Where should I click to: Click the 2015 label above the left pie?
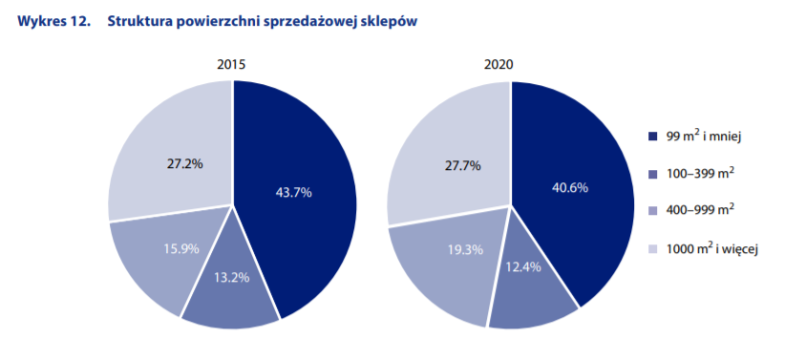(232, 65)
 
